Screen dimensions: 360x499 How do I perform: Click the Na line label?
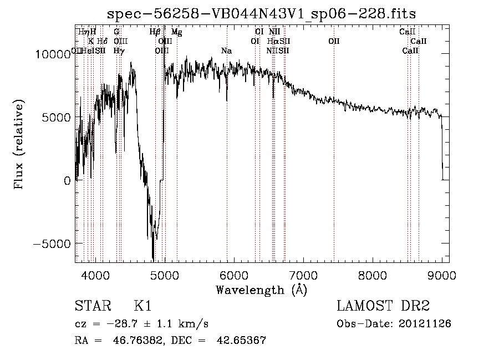click(226, 51)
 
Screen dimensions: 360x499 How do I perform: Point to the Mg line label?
click(176, 32)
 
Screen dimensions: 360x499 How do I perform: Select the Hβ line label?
click(155, 32)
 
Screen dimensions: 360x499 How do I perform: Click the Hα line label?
click(272, 41)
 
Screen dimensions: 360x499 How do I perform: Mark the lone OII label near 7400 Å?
click(334, 41)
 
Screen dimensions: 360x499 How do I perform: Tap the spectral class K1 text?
click(142, 307)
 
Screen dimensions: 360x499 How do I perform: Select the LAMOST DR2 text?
click(383, 307)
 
